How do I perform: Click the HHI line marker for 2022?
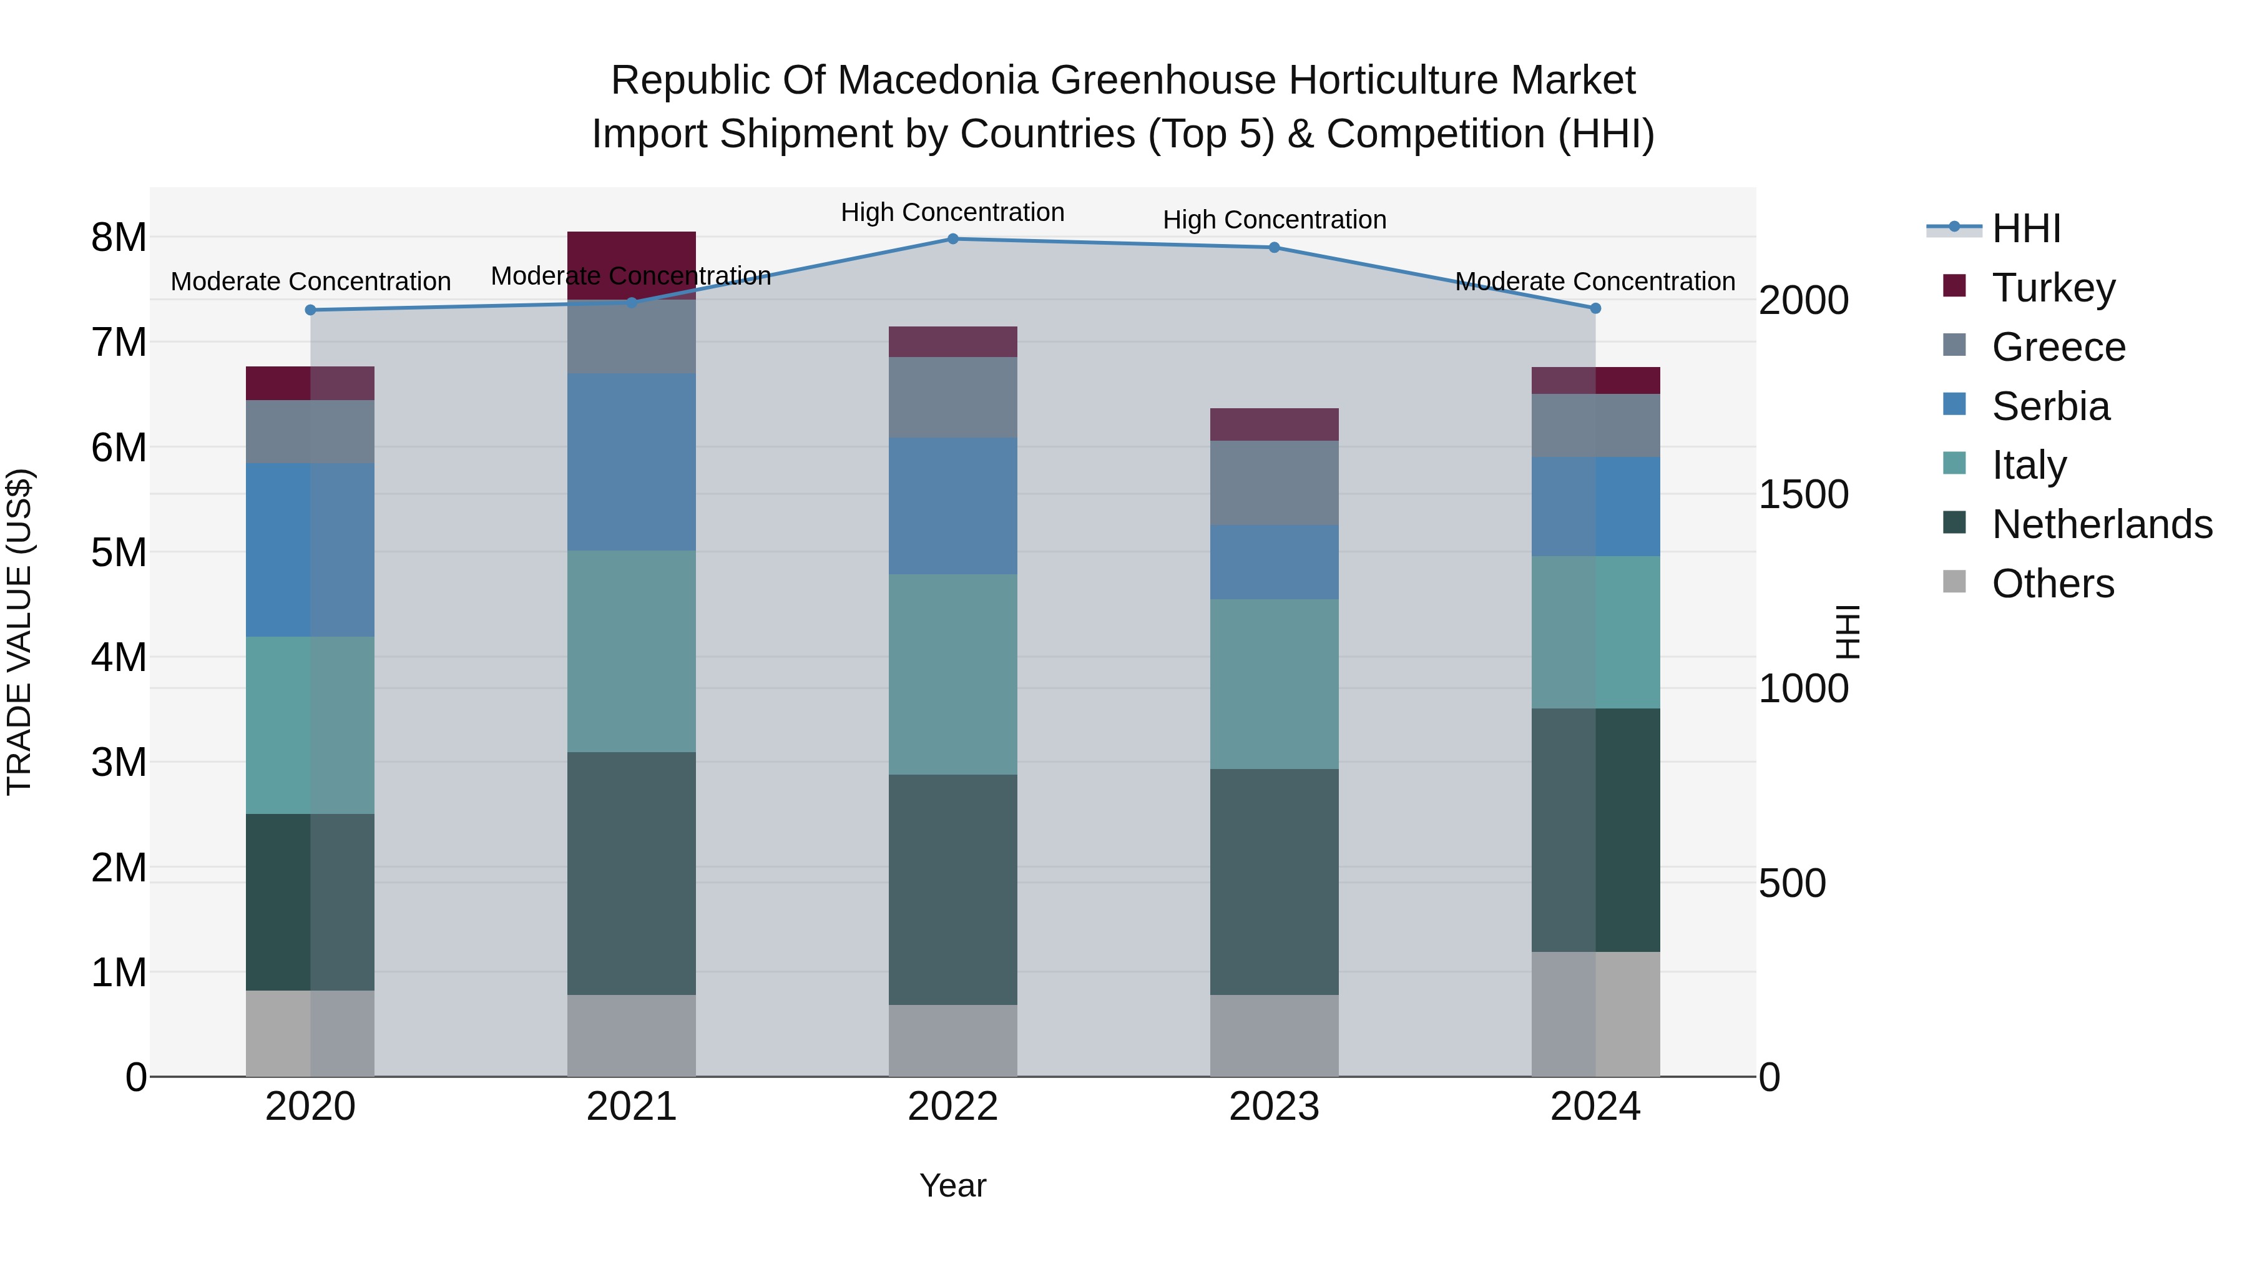(x=952, y=239)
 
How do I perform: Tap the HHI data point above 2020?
(x=311, y=310)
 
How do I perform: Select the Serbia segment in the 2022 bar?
(x=952, y=506)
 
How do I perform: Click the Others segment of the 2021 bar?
(x=632, y=1036)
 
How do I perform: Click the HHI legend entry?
(x=2025, y=228)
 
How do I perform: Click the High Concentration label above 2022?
(x=952, y=212)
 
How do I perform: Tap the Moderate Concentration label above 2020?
(x=311, y=282)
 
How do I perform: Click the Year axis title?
(x=952, y=1185)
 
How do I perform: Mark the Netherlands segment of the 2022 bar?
(x=952, y=889)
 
